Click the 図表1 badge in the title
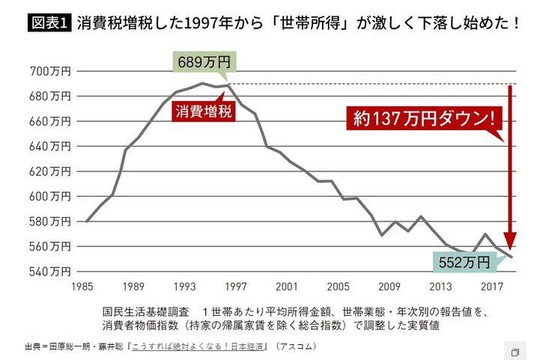(x=49, y=23)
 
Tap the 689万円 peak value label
(x=201, y=61)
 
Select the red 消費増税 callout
(x=198, y=113)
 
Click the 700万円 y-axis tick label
(x=50, y=72)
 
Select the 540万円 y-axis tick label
(x=50, y=270)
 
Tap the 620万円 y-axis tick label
(x=50, y=171)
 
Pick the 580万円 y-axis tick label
(x=50, y=221)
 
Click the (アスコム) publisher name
(x=296, y=347)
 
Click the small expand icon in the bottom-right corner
(x=515, y=352)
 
